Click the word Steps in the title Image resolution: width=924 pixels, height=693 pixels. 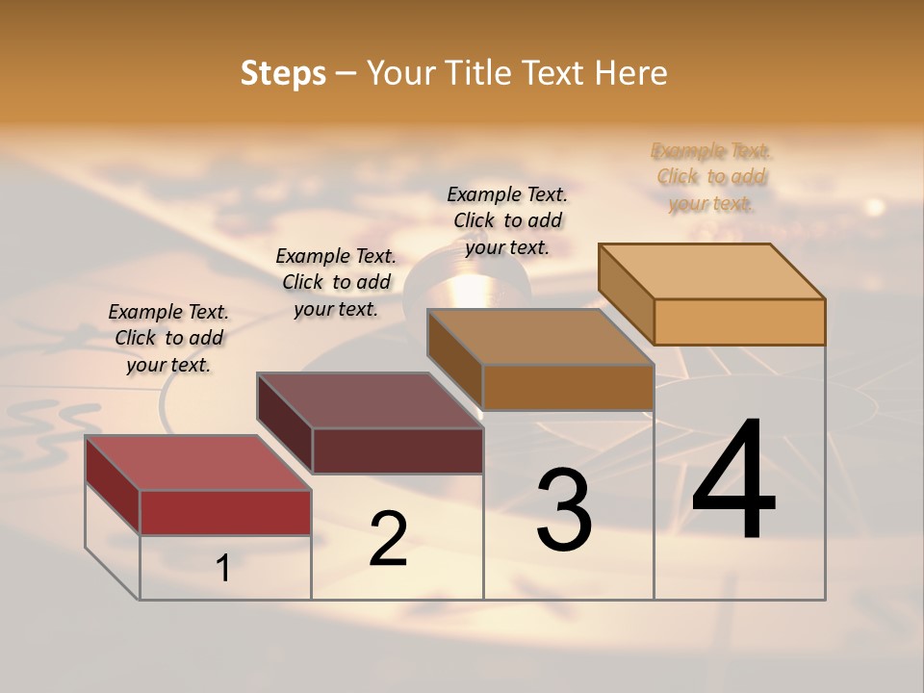pos(283,73)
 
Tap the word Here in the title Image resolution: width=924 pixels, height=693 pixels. pos(630,73)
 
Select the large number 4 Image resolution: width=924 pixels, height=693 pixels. pos(733,481)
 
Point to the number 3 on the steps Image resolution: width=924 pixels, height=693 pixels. pos(564,510)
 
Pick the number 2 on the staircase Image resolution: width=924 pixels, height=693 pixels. pos(388,539)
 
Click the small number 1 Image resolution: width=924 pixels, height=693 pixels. pos(223,569)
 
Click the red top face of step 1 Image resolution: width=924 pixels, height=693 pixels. pos(197,463)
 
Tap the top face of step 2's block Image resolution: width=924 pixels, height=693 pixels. pos(370,400)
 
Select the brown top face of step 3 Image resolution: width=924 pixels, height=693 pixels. pos(540,337)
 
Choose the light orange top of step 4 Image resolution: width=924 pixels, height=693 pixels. pos(711,271)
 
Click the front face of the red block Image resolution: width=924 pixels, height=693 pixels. pos(225,512)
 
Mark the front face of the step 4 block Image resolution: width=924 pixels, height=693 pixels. pos(739,321)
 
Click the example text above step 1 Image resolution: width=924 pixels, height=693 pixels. pos(168,338)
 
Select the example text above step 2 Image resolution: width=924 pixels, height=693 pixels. pos(336,282)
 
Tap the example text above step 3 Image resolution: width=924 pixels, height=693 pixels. pos(507,220)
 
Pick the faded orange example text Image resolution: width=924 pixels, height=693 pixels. pos(711,176)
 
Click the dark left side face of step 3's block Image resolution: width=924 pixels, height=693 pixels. pos(454,358)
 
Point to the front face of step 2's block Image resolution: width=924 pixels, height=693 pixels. pos(398,450)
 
